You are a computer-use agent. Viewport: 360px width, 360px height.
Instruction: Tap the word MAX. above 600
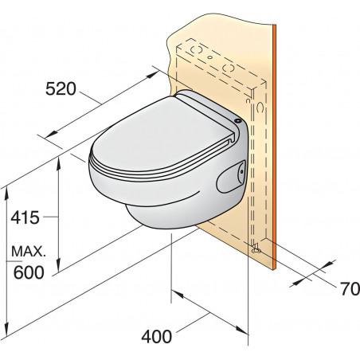point(28,252)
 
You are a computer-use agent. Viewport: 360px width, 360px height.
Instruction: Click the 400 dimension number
point(155,337)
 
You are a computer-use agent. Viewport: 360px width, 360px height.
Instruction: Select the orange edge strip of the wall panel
point(273,143)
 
